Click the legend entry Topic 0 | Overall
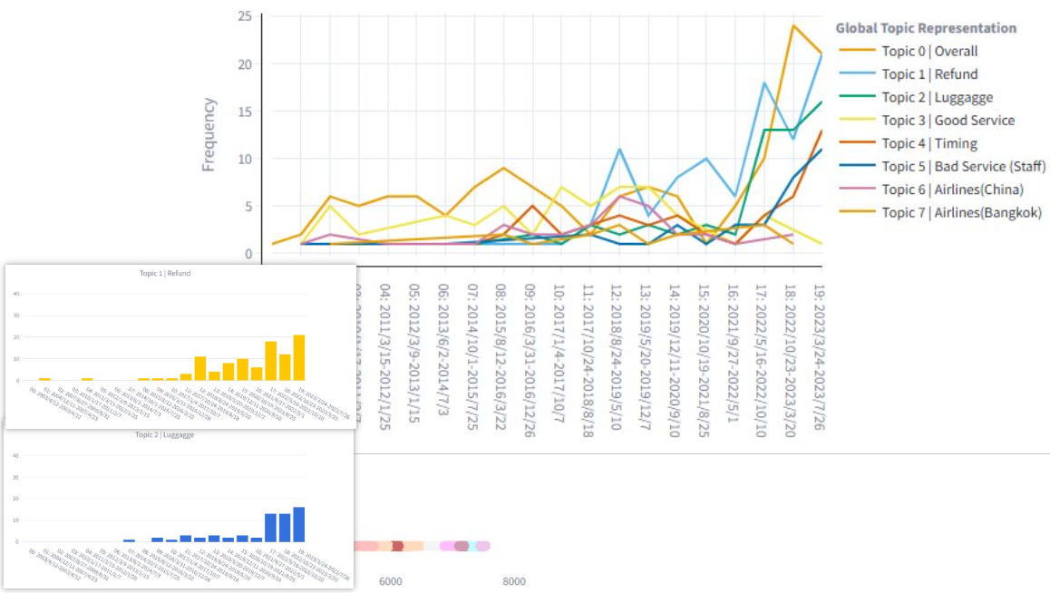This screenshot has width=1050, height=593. (929, 52)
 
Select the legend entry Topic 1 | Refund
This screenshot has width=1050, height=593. (929, 74)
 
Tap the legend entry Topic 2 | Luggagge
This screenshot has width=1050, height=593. (937, 97)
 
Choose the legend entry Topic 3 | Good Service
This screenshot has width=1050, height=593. (948, 121)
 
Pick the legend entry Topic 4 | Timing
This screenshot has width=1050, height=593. (929, 143)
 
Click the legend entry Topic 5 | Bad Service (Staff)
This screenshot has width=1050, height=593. (963, 166)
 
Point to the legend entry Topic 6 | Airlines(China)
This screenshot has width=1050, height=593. (954, 190)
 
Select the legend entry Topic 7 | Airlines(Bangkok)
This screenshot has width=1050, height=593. (961, 213)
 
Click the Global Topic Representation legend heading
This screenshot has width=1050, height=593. (926, 28)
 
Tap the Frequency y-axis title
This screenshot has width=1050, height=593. (209, 134)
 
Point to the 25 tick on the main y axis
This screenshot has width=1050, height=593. (245, 16)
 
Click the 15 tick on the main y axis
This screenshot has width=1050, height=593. (245, 112)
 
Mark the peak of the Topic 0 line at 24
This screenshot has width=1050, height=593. (793, 25)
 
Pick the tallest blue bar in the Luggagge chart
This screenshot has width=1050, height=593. (298, 524)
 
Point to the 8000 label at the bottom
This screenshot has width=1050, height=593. (513, 581)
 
